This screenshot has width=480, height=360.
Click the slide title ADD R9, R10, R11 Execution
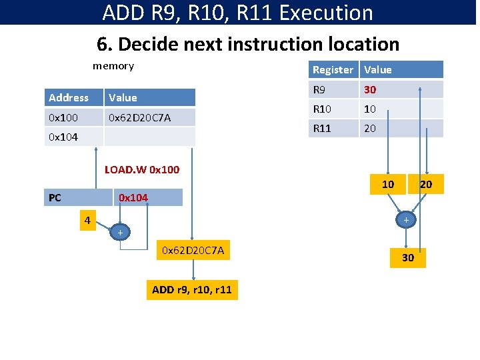click(238, 13)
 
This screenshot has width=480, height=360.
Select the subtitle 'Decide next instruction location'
click(248, 44)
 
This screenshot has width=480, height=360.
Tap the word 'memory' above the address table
click(113, 66)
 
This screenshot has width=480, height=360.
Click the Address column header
click(73, 97)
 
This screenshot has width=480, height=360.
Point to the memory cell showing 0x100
click(73, 117)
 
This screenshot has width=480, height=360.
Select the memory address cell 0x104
click(73, 137)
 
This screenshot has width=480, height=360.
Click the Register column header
click(333, 69)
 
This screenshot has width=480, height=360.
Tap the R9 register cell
click(333, 89)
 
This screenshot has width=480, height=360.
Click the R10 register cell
click(333, 109)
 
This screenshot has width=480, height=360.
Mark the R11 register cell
click(333, 128)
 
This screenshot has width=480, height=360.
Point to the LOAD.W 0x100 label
click(142, 169)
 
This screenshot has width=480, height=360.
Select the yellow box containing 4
click(86, 220)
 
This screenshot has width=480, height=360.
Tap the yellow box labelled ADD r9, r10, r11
click(193, 289)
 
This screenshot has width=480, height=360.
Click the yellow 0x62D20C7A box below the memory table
click(193, 250)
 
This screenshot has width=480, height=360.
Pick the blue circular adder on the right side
click(406, 219)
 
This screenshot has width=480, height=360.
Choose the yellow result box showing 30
click(407, 257)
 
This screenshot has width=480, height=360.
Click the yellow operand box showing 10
click(387, 183)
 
